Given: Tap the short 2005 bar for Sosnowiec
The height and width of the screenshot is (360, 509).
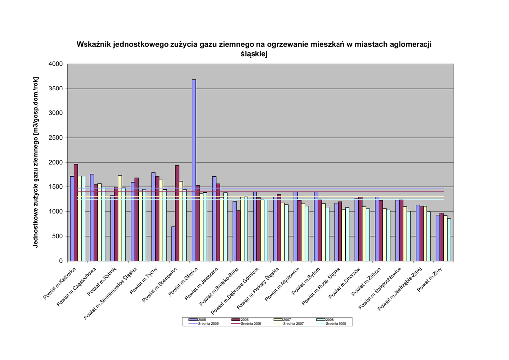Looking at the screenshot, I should click(173, 244).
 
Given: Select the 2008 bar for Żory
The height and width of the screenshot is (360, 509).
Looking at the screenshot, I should click(449, 240).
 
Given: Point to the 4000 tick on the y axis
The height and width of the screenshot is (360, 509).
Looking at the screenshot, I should click(56, 64).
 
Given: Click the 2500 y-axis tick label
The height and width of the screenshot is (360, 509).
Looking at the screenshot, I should click(56, 138).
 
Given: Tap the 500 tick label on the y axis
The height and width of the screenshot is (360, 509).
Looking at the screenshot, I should click(58, 236).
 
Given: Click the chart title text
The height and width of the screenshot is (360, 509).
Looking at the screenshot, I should click(254, 49).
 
